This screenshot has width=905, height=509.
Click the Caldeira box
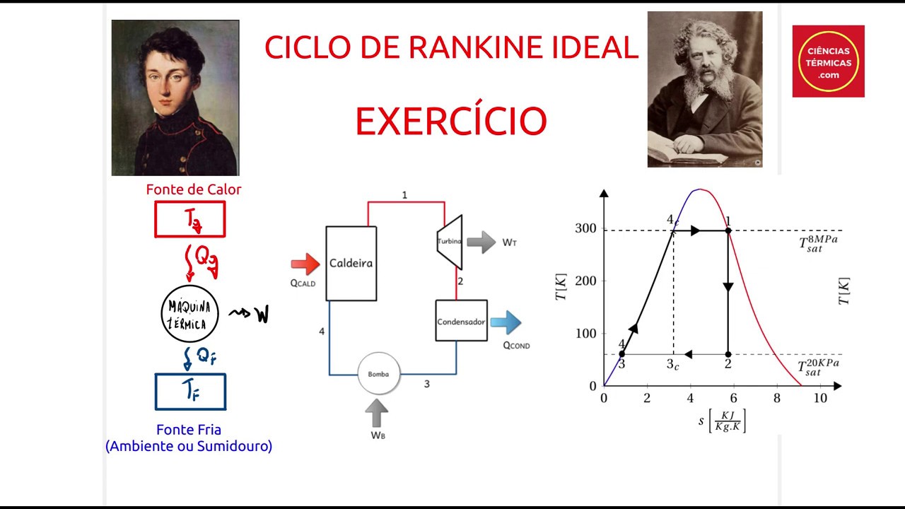pos(351,263)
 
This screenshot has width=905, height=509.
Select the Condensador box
pos(461,320)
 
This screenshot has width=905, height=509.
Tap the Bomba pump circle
pos(378,373)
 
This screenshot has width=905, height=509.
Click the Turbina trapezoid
pos(450,241)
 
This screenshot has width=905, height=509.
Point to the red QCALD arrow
pos(305,264)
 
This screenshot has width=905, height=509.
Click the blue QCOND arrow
pos(506,322)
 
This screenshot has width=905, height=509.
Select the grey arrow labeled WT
pos(481,242)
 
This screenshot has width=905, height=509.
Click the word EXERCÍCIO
pos(451,122)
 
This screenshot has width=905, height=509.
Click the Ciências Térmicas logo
pos(828,62)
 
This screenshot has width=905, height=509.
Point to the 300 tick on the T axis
pos(586,229)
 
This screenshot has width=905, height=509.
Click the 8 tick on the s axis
pos(776,398)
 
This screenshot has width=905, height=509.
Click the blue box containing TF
pos(190,392)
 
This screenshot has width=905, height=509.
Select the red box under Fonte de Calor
pos(190,219)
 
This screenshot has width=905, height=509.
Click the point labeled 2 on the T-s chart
pos(728,354)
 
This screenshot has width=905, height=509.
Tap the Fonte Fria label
pos(189,430)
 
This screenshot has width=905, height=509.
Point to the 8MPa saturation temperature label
pos(818,244)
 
